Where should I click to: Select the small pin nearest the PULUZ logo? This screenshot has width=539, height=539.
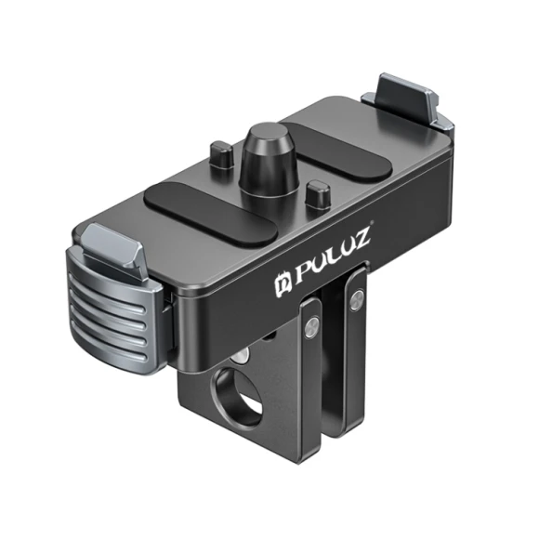pyautogui.click(x=318, y=196)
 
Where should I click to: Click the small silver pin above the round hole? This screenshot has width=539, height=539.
pyautogui.click(x=243, y=356)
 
